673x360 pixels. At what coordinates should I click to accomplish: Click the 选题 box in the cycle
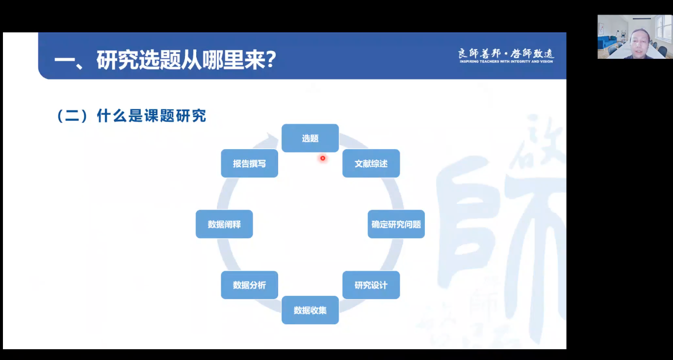tap(310, 138)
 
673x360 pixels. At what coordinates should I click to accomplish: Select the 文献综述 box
tap(371, 163)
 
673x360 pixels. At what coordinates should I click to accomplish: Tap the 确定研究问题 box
tap(396, 224)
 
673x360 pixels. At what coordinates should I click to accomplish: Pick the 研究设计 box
tap(371, 285)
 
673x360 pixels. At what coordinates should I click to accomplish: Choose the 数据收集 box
tap(310, 310)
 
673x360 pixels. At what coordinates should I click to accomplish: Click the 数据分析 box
tap(249, 285)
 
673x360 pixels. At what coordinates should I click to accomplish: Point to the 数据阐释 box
tap(224, 224)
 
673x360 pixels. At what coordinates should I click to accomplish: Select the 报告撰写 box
tap(249, 163)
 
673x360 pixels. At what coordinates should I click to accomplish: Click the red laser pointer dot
tap(323, 158)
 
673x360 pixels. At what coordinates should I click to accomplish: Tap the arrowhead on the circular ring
tap(271, 138)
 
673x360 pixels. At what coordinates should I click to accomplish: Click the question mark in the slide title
tap(271, 60)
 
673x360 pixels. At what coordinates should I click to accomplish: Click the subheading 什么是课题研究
tap(152, 116)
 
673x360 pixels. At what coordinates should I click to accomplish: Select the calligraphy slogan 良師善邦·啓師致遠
tap(506, 53)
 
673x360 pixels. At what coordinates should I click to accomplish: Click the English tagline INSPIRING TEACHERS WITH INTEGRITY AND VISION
tap(506, 62)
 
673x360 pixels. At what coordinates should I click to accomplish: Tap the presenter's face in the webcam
tap(640, 43)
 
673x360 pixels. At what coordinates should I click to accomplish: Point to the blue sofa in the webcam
tap(607, 43)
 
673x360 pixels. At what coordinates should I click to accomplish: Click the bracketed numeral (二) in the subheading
tap(72, 116)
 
